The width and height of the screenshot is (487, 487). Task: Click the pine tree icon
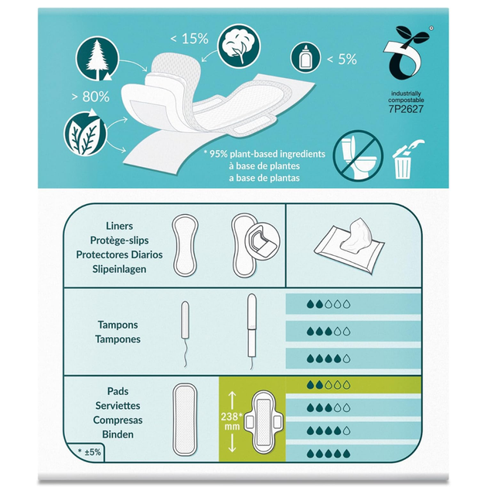tap(97, 59)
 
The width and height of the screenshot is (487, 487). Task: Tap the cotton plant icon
tap(239, 46)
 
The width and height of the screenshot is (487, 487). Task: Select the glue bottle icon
tap(305, 58)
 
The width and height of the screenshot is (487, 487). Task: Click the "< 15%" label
tap(189, 39)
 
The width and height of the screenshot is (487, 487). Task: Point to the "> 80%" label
tap(90, 97)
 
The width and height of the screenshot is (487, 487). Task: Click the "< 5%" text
tap(342, 59)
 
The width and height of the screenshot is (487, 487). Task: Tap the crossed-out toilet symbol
tap(358, 155)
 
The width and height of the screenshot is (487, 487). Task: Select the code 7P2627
tap(406, 109)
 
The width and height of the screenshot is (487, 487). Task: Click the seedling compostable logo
tap(405, 53)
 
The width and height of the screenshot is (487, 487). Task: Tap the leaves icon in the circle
tap(85, 134)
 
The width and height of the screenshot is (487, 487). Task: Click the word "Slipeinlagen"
tap(119, 269)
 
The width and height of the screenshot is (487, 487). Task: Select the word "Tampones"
tap(117, 339)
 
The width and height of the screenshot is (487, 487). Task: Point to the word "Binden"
tap(117, 434)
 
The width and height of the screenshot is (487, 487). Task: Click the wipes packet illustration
tap(349, 246)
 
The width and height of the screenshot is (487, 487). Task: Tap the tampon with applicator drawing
tap(252, 331)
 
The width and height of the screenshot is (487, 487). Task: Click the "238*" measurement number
tap(232, 416)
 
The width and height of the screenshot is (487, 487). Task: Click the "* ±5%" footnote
tap(90, 452)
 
